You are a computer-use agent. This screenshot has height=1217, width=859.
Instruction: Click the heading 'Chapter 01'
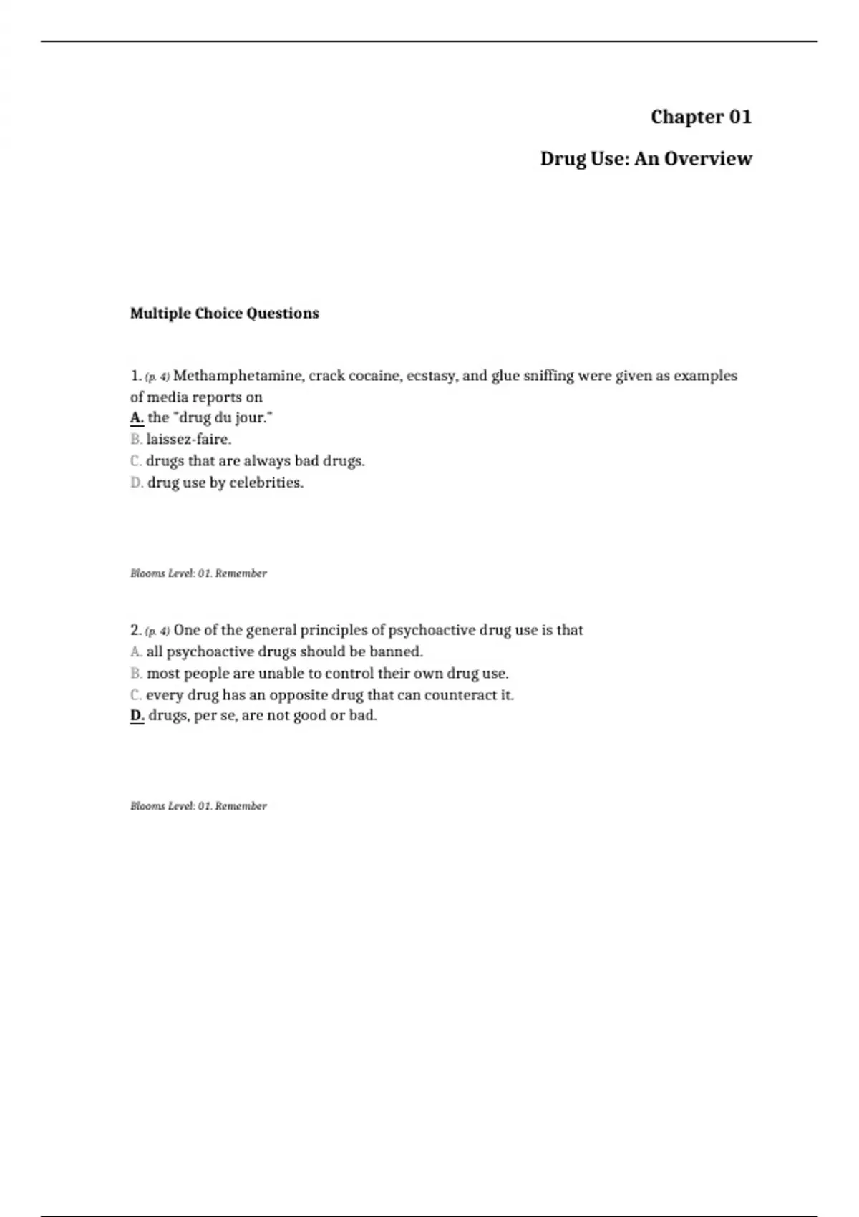click(x=701, y=117)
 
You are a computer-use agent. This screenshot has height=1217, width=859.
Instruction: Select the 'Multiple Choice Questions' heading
click(x=224, y=313)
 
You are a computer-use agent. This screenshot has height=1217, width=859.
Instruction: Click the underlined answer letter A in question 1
click(x=137, y=417)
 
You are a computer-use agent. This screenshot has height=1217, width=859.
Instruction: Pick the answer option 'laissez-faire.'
click(x=189, y=439)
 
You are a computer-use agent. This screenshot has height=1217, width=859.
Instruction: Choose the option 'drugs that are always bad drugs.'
click(x=256, y=460)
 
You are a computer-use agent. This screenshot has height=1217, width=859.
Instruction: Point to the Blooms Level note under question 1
click(x=198, y=573)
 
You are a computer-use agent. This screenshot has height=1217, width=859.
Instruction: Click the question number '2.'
click(x=136, y=630)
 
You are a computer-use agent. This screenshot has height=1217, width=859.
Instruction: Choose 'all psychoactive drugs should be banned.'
click(x=284, y=651)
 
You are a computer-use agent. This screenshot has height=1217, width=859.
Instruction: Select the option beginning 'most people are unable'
click(x=327, y=673)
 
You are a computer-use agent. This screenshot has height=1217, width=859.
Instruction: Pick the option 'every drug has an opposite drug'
click(x=330, y=694)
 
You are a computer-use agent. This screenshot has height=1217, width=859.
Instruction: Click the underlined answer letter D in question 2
click(x=137, y=715)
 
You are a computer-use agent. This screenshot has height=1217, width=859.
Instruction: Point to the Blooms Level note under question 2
click(x=198, y=805)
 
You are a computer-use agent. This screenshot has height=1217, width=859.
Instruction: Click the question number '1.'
click(x=136, y=376)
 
